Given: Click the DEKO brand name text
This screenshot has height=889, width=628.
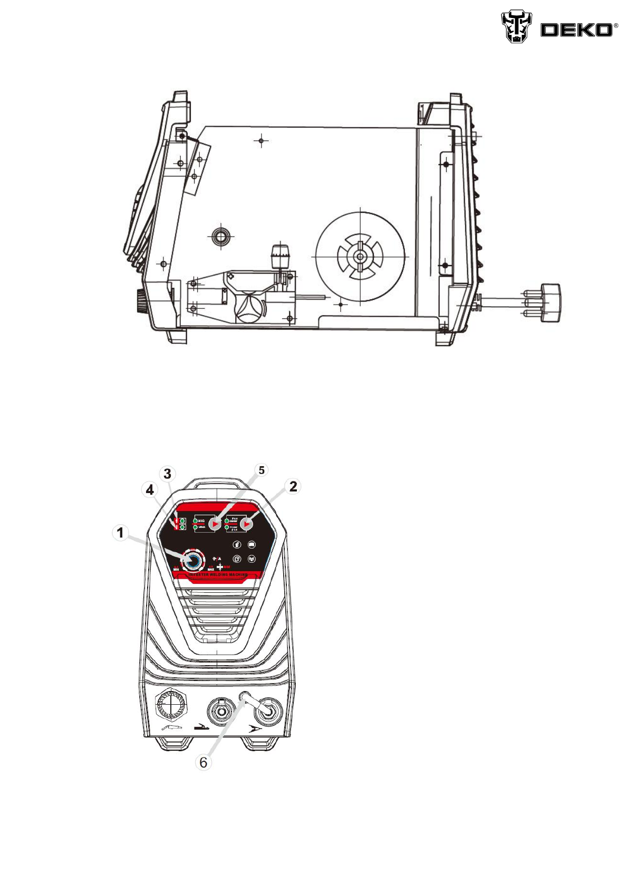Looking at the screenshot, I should [576, 30].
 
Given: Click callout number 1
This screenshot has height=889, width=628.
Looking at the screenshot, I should [120, 533].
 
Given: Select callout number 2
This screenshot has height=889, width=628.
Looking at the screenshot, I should [293, 486].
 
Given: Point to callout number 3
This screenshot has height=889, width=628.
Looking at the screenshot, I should [168, 474].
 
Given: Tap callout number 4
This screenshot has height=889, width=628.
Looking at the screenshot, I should [150, 490].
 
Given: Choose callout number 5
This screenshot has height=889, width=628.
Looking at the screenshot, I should [261, 470].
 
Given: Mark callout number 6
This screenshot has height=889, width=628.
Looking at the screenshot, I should [204, 762].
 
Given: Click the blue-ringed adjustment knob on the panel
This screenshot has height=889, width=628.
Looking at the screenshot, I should [192, 560].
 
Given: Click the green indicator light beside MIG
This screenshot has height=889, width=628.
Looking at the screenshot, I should [196, 521].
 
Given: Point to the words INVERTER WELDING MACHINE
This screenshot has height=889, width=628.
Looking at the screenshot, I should [218, 574].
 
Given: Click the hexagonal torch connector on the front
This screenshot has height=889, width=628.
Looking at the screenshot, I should [171, 705].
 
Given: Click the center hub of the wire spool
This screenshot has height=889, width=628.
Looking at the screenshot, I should [360, 257].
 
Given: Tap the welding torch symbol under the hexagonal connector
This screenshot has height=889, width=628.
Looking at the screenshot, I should [171, 727].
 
